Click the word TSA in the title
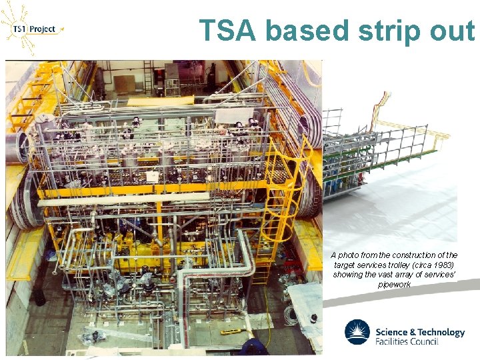tap(228, 31)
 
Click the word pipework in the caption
tap(394, 284)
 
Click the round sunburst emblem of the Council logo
tap(357, 332)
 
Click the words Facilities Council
tap(407, 342)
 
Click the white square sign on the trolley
tap(153, 177)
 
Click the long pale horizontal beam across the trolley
tap(127, 199)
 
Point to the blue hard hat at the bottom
tap(253, 346)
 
